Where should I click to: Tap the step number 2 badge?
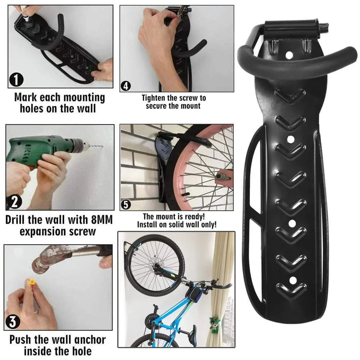point(14,202)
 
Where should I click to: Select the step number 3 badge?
point(14,322)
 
